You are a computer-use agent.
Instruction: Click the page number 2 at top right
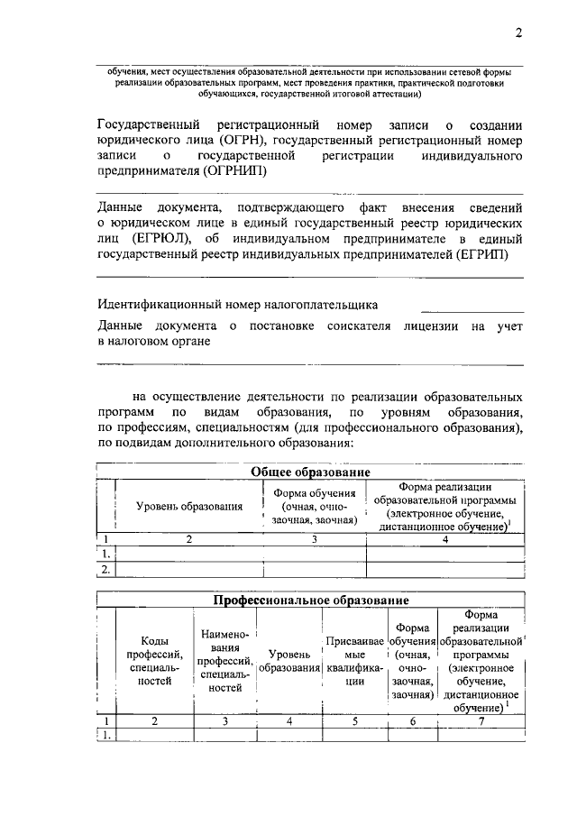(518, 33)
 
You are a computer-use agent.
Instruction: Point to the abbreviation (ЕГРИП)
(481, 253)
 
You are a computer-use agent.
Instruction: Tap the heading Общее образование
(310, 472)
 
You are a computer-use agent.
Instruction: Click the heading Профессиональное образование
(310, 600)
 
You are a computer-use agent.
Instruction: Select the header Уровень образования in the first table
(189, 507)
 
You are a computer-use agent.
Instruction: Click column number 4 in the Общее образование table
(444, 539)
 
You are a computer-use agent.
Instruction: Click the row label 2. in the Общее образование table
(105, 569)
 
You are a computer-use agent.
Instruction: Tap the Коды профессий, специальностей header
(153, 661)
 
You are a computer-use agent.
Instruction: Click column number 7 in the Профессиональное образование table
(481, 720)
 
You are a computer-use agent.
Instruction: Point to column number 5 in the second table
(354, 720)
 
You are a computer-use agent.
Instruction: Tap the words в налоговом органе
(154, 342)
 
